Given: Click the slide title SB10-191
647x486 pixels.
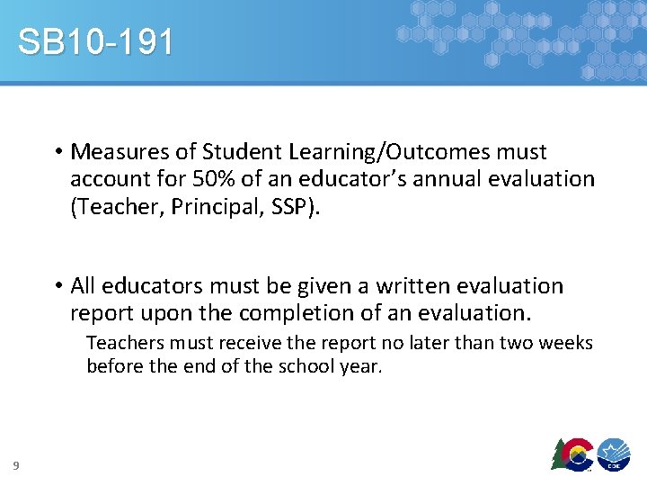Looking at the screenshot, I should (x=95, y=42).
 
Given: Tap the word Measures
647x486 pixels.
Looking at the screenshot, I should (x=112, y=152).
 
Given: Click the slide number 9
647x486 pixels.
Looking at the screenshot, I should (x=16, y=464).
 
